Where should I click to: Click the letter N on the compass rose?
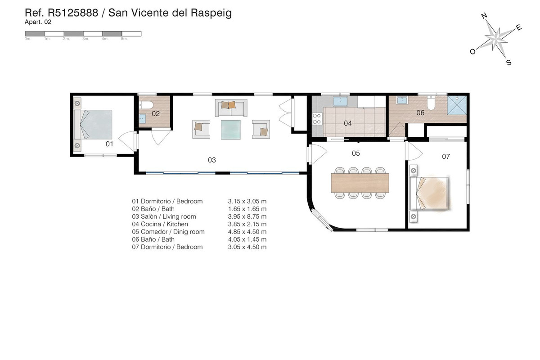coord(484,16)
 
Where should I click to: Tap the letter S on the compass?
coord(508,63)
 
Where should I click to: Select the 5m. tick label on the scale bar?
coord(124,39)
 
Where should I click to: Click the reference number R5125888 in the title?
coord(73,13)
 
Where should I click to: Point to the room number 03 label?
coord(211,160)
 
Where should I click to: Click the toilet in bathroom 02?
coord(146,105)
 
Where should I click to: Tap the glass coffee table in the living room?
coord(231,130)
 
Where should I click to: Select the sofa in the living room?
coord(231,108)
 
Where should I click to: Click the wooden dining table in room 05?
coord(360,183)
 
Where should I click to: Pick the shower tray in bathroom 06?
coord(457,105)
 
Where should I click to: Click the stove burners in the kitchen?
coord(317,119)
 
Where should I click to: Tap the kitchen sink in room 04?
coord(340,101)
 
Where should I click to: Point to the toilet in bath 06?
coord(431,103)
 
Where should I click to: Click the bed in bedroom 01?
coord(93,124)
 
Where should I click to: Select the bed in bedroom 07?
coord(429,193)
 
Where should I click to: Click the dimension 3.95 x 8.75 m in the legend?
coord(247,216)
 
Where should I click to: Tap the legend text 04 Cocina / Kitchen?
coord(160,224)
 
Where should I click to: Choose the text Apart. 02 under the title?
coord(38,22)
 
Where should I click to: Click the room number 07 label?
coord(446,157)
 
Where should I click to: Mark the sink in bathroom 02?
coord(142,119)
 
